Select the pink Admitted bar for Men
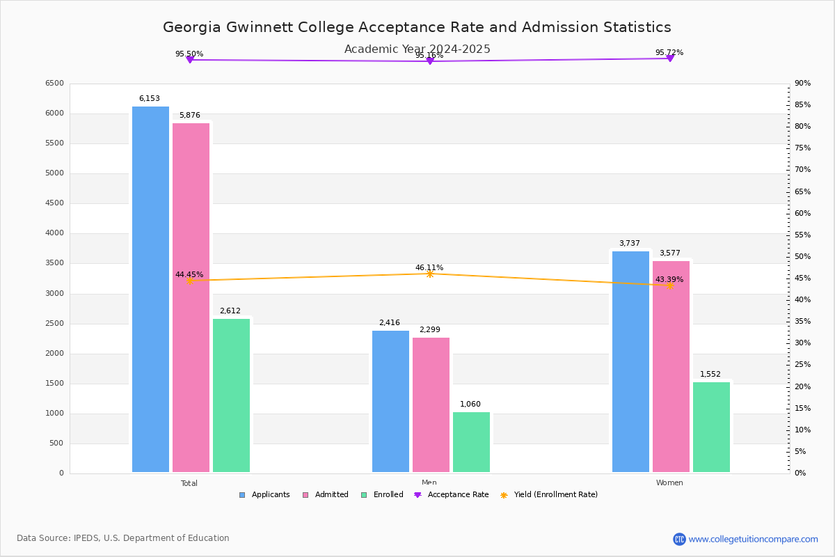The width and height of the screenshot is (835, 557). click(431, 405)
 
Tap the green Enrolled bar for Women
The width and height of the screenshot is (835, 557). click(711, 427)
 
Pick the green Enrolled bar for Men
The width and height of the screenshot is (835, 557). click(471, 442)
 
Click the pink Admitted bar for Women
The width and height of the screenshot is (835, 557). click(671, 366)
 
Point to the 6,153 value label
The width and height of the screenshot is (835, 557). click(149, 99)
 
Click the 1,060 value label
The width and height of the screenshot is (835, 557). click(470, 405)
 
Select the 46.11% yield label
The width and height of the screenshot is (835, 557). click(429, 267)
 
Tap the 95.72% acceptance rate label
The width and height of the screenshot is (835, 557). click(669, 53)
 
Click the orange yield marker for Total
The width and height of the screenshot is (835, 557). click(189, 281)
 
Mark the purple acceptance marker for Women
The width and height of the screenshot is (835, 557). click(669, 58)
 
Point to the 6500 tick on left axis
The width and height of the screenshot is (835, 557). click(54, 84)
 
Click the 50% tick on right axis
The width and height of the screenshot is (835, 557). click(802, 257)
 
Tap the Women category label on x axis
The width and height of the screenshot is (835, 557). click(669, 483)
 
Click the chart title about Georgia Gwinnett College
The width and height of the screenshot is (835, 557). click(417, 27)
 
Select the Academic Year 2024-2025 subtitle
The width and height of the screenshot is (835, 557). click(417, 49)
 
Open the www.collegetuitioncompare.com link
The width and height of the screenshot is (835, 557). click(753, 539)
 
